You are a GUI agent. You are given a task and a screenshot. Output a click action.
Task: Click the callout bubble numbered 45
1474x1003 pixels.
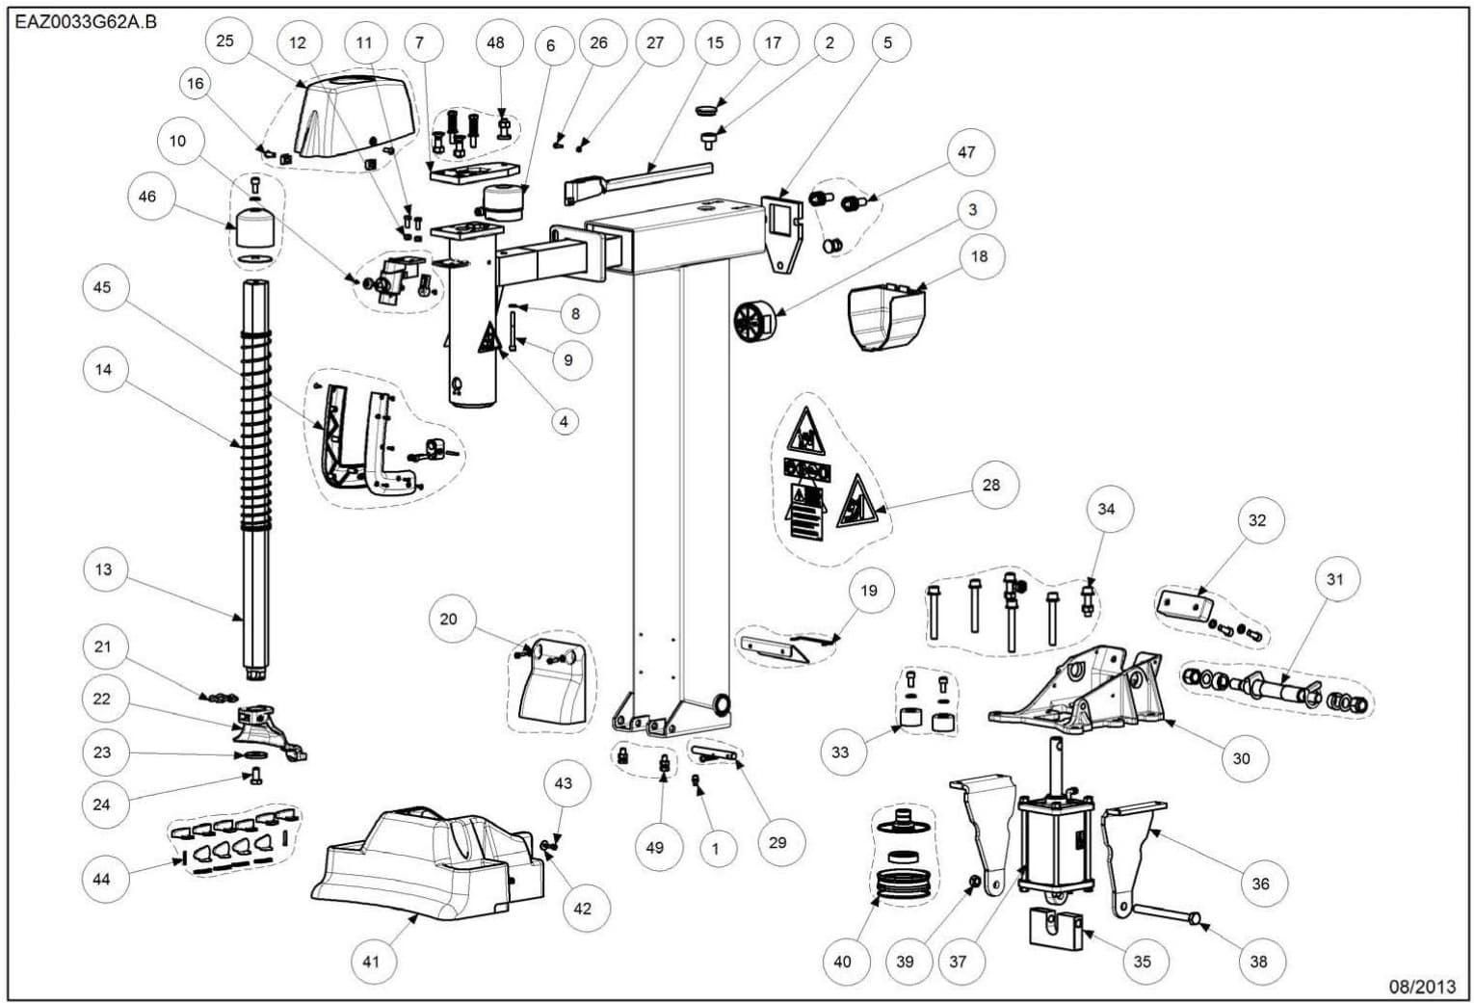coord(102,287)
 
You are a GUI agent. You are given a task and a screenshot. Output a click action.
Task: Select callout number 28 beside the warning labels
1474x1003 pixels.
coord(990,485)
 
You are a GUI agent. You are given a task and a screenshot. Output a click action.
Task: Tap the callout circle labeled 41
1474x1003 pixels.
coord(372,961)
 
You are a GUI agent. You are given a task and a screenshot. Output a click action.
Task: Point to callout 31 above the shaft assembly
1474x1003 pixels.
coord(1334,579)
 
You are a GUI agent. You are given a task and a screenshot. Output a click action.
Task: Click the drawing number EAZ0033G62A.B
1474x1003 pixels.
coord(87,21)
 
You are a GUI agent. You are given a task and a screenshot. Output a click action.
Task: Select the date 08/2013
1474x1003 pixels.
coord(1421,986)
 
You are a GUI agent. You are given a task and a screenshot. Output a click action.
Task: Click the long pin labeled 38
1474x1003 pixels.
coord(1167,912)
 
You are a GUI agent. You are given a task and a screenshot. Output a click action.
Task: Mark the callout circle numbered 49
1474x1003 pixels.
coord(655,847)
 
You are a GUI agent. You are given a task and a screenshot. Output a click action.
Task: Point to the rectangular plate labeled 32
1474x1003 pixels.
coord(1181,605)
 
